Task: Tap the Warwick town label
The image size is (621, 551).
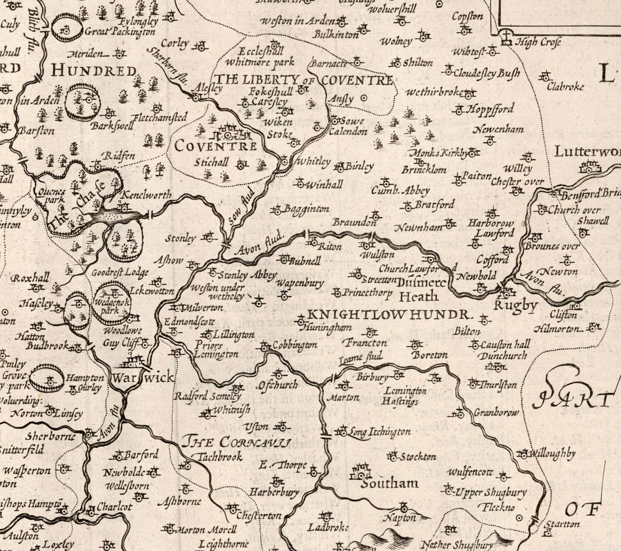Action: coord(145,378)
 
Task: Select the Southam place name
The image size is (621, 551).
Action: coord(390,483)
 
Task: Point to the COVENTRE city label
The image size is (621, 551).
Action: coord(215,146)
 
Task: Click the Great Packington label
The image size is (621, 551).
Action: coord(119,31)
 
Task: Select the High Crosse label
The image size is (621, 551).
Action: coord(539,42)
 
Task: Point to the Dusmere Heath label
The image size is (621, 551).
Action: coord(419,289)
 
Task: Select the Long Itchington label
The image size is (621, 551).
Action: coord(379,432)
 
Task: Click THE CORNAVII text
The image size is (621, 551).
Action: coord(237,442)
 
